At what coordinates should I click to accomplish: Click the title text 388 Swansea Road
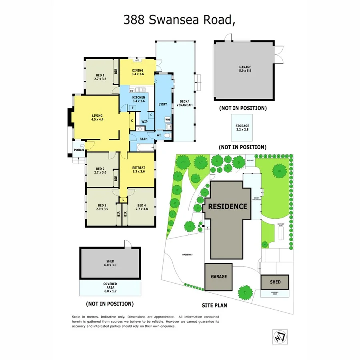178,20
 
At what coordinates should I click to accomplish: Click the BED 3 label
102,207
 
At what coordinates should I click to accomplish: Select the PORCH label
79,150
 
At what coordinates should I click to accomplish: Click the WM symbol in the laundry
168,120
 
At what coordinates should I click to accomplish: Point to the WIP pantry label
144,121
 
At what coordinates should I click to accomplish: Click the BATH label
143,139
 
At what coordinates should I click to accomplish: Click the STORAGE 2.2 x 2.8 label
242,128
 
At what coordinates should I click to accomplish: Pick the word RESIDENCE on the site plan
227,206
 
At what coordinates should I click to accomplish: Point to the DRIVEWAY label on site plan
187,254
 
